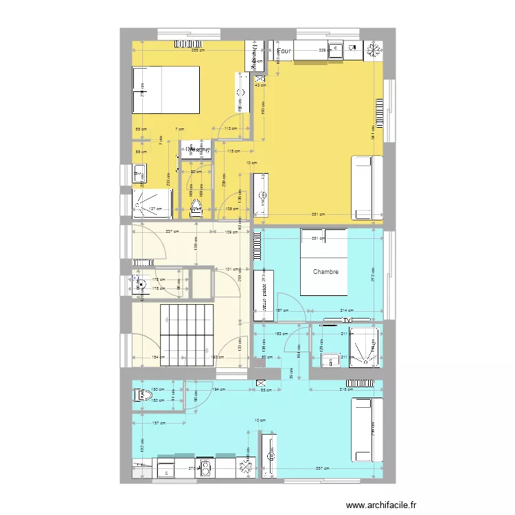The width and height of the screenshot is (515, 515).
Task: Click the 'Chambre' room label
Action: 325,272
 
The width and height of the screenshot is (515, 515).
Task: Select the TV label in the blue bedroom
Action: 348,320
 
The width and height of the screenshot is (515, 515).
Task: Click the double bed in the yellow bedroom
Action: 165,90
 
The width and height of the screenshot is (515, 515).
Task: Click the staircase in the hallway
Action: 186,335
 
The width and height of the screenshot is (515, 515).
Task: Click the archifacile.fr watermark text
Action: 382,505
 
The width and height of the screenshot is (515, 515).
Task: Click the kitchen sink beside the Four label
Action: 336,49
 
